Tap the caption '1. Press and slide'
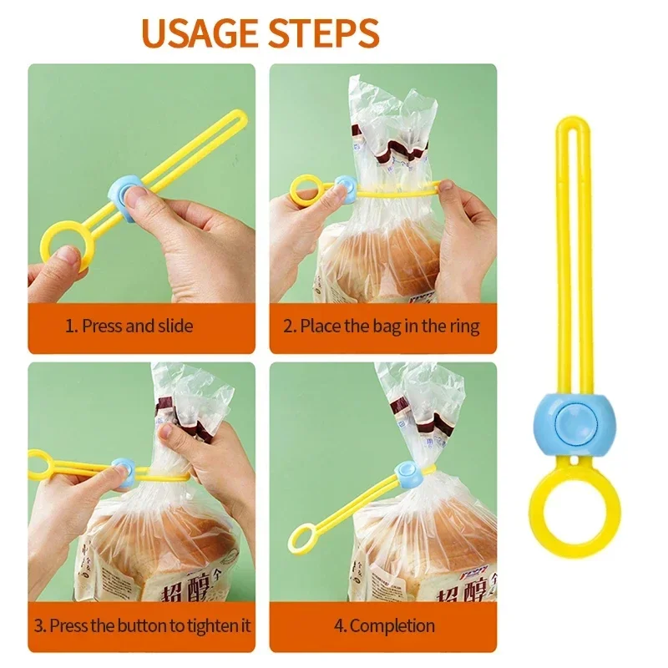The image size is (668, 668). [x=129, y=326]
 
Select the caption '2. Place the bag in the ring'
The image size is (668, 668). [x=382, y=326]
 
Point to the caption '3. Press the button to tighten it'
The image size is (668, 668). [x=142, y=625]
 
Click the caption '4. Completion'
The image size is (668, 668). [x=384, y=625]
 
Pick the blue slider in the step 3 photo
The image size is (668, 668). [x=124, y=473]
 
